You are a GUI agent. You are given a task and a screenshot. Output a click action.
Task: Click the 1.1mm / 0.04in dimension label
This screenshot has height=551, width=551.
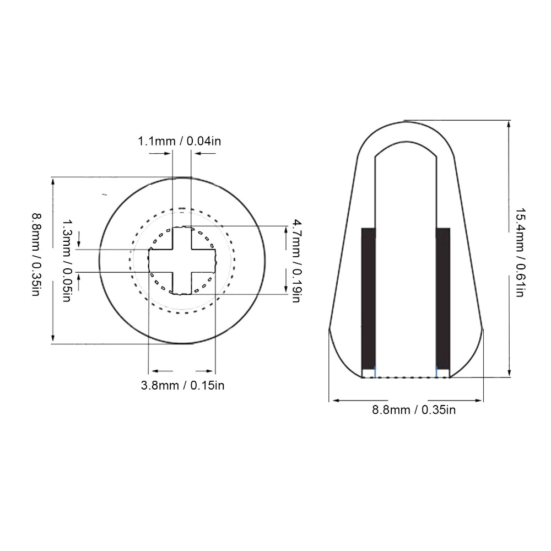coord(180,141)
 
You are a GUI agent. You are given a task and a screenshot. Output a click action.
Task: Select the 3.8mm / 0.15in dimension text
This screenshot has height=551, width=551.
coord(183,385)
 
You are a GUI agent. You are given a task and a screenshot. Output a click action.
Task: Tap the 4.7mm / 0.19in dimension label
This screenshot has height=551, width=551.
coord(296,261)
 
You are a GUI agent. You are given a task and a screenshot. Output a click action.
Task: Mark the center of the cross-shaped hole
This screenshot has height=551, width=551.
coord(182,261)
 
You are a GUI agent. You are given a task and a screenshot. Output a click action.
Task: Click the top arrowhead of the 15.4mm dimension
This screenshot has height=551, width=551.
coord(508,124)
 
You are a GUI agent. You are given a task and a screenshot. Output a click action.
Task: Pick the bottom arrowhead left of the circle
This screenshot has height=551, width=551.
coord(53,339)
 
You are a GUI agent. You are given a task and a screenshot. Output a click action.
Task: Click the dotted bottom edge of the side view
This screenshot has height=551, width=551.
coord(406,377)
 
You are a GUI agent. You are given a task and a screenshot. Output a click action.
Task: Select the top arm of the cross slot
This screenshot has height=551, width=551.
coord(182,237)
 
